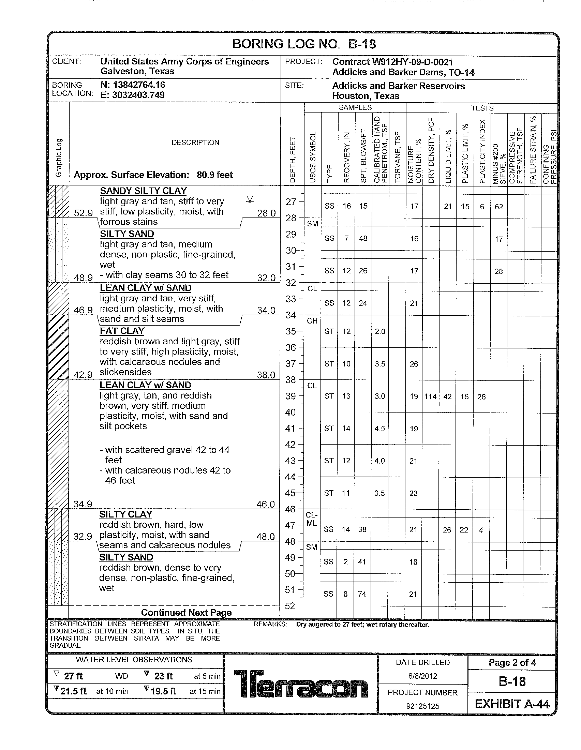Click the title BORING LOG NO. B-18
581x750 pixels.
pyautogui.click(x=304, y=44)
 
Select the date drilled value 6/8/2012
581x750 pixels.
pyautogui.click(x=423, y=676)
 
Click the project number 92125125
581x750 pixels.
pyautogui.click(x=423, y=706)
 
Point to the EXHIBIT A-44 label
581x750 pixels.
pyautogui.click(x=512, y=704)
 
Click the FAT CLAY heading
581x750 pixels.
pyautogui.click(x=122, y=331)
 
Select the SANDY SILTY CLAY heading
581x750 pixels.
pyautogui.click(x=143, y=191)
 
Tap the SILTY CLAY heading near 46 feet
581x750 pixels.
pyautogui.click(x=126, y=514)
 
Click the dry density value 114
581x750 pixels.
pyautogui.click(x=430, y=396)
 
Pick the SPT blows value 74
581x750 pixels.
pyautogui.click(x=362, y=594)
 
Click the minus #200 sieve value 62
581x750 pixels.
pyautogui.click(x=499, y=207)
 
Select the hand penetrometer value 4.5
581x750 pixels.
pyautogui.click(x=379, y=429)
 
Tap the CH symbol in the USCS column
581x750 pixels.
pyautogui.click(x=312, y=321)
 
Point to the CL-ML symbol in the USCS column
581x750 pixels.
pyautogui.click(x=311, y=519)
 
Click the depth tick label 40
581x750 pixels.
pyautogui.click(x=290, y=412)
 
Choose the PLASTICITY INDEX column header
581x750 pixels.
pyautogui.click(x=482, y=151)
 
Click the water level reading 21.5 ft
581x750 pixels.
pyautogui.click(x=73, y=691)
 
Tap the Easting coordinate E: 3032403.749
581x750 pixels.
pyautogui.click(x=132, y=95)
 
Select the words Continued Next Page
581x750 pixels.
pyautogui.click(x=186, y=613)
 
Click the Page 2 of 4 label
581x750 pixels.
pyautogui.click(x=512, y=662)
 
